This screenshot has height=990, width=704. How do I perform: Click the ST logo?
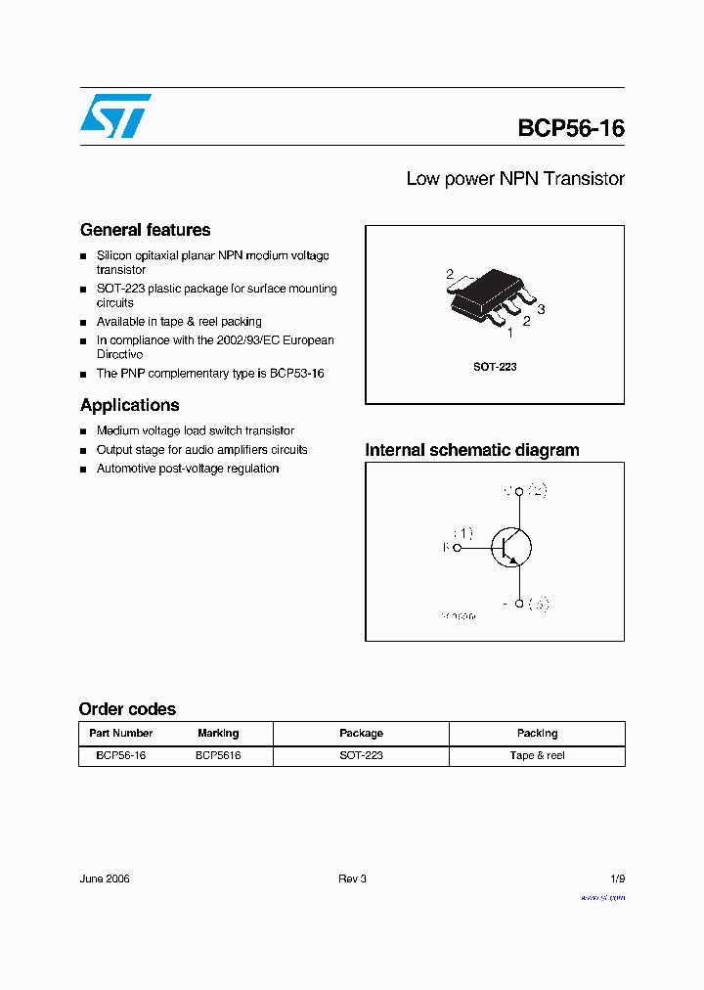[115, 115]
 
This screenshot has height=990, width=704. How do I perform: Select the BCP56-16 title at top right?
[571, 128]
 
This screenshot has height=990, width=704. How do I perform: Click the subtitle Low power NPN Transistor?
[514, 179]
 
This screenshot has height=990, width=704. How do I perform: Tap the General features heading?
[145, 230]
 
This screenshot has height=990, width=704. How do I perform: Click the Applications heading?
[129, 405]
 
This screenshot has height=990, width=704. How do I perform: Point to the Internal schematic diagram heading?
[471, 450]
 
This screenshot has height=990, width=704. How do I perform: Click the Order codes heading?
[127, 709]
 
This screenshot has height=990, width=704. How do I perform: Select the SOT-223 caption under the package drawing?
[495, 367]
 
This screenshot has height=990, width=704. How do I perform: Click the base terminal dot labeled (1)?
[457, 548]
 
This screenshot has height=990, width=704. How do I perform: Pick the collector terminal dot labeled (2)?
[519, 490]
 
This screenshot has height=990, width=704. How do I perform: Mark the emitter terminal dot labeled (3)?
[519, 605]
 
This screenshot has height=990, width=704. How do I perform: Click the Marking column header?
[218, 733]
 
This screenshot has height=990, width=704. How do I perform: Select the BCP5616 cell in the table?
[218, 755]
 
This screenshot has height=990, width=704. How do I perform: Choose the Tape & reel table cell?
[537, 755]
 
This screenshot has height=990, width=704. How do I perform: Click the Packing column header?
[537, 733]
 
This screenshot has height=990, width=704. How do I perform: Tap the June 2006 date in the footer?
[105, 878]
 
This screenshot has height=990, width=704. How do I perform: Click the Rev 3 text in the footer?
[352, 878]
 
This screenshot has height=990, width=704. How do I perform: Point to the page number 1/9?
[616, 878]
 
